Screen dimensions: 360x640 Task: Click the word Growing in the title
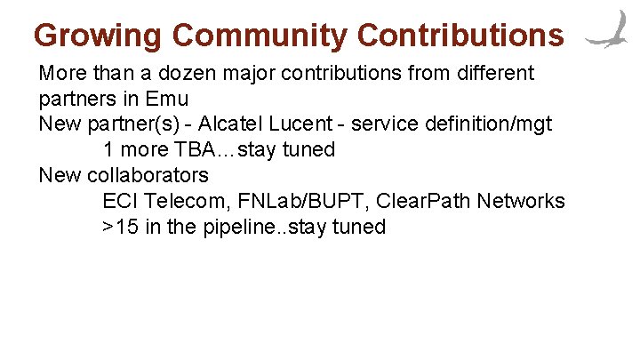pyautogui.click(x=98, y=35)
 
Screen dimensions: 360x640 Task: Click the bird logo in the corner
pyautogui.click(x=609, y=31)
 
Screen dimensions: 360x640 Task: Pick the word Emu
pyautogui.click(x=168, y=99)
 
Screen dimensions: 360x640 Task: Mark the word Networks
pyautogui.click(x=520, y=201)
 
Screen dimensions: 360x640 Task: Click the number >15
pyautogui.click(x=120, y=227)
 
